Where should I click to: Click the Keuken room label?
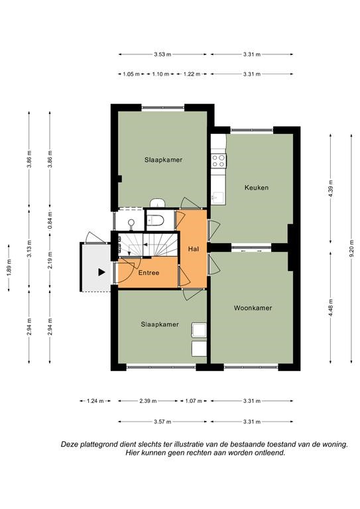point(257,188)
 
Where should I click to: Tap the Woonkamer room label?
point(253,308)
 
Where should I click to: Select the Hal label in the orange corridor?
point(193,249)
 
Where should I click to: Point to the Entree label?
point(149,272)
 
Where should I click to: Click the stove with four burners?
point(218,160)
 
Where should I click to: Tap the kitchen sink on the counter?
point(218,198)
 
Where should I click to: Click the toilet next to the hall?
point(155,221)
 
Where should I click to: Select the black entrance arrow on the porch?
point(102,272)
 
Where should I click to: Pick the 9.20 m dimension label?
point(351,249)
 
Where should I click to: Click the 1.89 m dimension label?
point(9,268)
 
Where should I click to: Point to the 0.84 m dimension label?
point(50,220)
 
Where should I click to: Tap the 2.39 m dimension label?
point(148,401)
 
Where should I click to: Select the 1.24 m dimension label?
point(95,401)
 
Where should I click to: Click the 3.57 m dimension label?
point(162,422)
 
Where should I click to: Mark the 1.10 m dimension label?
point(160,74)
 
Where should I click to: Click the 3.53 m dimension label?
point(162,54)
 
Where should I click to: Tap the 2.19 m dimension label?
point(50,260)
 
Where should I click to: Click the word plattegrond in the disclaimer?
point(99,445)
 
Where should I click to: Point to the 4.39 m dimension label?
point(331,188)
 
